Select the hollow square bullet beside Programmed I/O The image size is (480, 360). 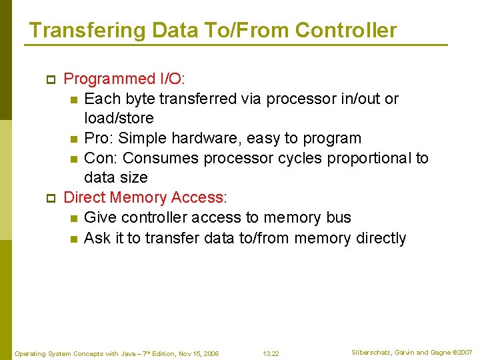tap(50, 80)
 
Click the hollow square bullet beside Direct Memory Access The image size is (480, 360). tap(50, 199)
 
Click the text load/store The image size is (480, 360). tap(119, 119)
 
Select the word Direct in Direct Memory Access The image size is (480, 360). tap(85, 197)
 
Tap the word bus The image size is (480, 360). tap(338, 217)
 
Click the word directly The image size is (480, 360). tap(377, 238)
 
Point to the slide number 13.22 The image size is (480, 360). tap(271, 353)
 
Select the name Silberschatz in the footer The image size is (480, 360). tap(373, 352)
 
